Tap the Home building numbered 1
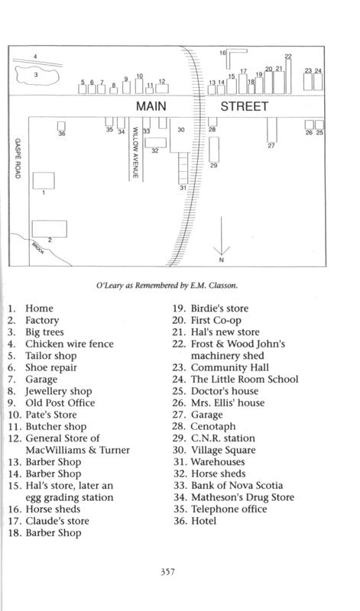click(x=44, y=180)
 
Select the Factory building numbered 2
click(x=49, y=228)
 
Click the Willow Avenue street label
click(x=135, y=152)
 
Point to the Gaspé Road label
click(x=18, y=159)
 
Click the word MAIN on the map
click(x=151, y=106)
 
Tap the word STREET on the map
click(x=245, y=106)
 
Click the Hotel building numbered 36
click(x=61, y=126)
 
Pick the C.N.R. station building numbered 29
click(x=214, y=149)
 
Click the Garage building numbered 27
click(x=272, y=130)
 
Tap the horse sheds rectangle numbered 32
click(x=156, y=143)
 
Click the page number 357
click(x=167, y=571)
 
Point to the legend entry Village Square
click(x=214, y=450)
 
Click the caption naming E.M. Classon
click(x=167, y=285)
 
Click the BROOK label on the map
click(x=38, y=247)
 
